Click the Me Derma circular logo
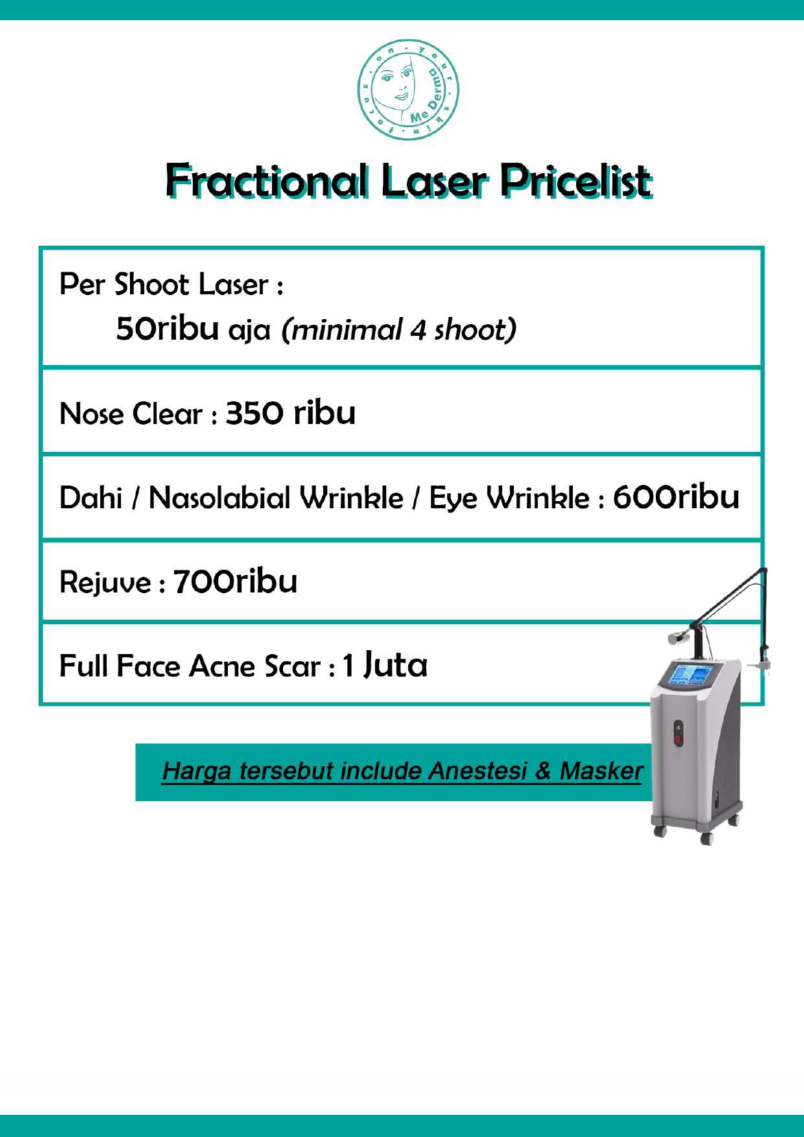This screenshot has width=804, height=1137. [x=408, y=89]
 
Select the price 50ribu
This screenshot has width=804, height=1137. [x=167, y=328]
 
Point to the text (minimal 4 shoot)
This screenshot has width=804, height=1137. [x=399, y=330]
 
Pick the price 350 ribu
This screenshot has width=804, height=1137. [x=290, y=413]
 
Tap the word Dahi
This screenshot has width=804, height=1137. [x=91, y=498]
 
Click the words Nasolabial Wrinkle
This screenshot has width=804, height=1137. [x=276, y=498]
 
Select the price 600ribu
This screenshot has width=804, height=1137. [x=676, y=497]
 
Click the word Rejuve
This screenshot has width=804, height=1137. [x=106, y=582]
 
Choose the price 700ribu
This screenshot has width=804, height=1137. [x=235, y=581]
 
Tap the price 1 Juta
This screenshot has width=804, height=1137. [x=384, y=665]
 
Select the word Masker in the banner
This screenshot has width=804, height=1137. [x=601, y=771]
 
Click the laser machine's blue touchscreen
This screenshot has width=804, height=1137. [x=691, y=674]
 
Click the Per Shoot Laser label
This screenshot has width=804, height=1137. [x=171, y=284]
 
